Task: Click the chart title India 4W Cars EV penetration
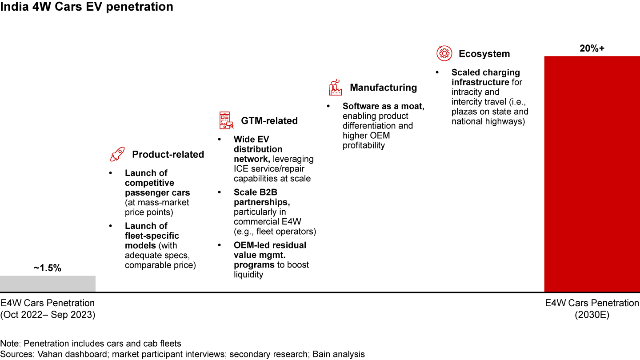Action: point(87,7)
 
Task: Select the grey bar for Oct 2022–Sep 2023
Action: point(48,284)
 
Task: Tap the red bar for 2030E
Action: point(592,174)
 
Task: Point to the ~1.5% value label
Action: point(47,268)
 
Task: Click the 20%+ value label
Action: point(592,48)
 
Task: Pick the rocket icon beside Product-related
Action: point(117,155)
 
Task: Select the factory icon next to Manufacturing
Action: point(335,88)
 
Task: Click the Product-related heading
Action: point(168,155)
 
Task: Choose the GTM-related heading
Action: point(269,121)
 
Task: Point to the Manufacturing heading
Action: point(383,88)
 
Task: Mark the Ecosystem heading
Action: point(484,54)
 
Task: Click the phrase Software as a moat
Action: point(384,106)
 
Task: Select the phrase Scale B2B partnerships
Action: point(262,197)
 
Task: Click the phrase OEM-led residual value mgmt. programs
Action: point(270,255)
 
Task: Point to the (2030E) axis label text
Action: point(592,315)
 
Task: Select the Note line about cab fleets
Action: point(91,344)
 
